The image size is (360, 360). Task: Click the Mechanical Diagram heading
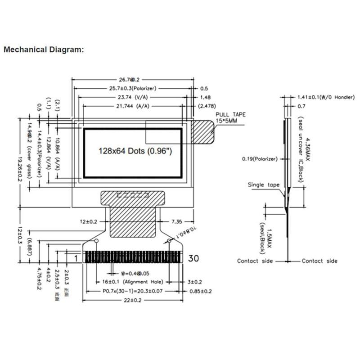(x=43, y=49)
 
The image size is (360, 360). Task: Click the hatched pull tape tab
(x=202, y=131)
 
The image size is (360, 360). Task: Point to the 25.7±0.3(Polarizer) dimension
(x=133, y=89)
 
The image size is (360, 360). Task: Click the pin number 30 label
(x=193, y=258)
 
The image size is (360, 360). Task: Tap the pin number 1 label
(x=76, y=258)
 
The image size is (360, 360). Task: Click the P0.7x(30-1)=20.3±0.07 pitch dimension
(x=133, y=291)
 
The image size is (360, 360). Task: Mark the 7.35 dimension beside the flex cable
(x=176, y=222)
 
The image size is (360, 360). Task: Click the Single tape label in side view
(x=264, y=185)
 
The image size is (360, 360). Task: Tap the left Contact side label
(x=255, y=261)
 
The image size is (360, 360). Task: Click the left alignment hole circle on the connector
(x=95, y=242)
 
